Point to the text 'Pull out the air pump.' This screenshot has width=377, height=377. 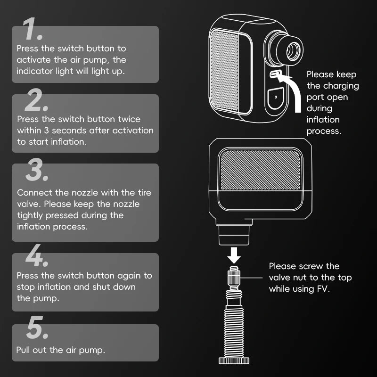(x=60, y=350)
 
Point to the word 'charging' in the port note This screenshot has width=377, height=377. (x=341, y=86)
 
